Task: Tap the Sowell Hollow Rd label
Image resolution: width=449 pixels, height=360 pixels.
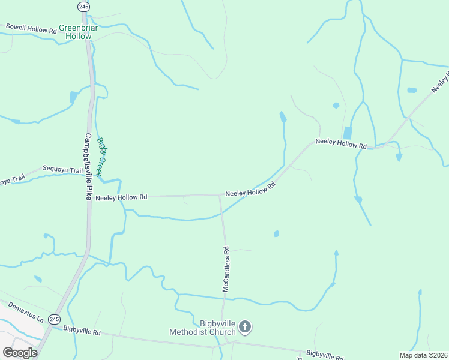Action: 31,28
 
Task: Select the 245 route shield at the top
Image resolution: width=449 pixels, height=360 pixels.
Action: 83,6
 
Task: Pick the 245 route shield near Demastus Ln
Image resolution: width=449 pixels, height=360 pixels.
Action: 54,319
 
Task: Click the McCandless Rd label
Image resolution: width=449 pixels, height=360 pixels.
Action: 226,269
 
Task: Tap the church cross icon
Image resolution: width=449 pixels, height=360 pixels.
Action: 244,327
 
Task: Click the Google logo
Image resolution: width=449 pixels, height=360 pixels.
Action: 20,353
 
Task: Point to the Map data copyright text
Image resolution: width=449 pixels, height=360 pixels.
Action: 423,355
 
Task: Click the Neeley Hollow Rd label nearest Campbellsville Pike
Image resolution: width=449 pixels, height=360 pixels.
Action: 122,197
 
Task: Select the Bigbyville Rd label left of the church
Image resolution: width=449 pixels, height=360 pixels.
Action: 82,330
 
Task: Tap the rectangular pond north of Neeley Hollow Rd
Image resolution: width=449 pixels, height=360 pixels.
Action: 347,133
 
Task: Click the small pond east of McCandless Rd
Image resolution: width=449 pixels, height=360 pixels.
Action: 277,233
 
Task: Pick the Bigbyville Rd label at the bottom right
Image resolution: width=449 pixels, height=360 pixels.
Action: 325,355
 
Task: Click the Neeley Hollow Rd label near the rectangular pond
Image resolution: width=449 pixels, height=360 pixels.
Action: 341,145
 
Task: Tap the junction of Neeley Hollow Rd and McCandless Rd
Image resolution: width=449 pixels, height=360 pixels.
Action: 220,195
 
